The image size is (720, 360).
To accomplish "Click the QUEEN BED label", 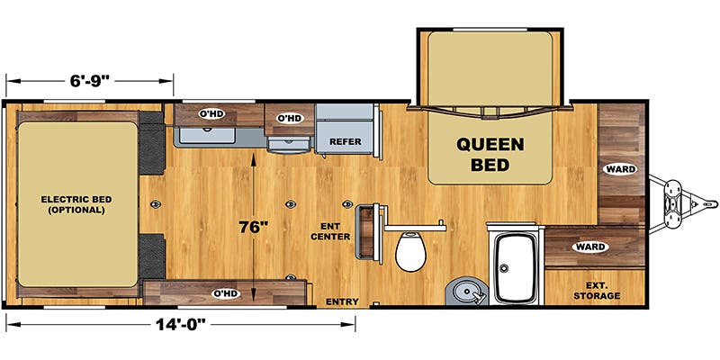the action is coord(490,154).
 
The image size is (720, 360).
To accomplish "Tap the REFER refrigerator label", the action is coord(346,142).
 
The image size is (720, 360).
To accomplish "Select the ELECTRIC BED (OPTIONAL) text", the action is coord(76,205).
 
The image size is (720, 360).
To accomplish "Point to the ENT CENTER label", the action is coord(337,231).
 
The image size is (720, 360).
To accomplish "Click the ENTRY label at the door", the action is coord(342,301).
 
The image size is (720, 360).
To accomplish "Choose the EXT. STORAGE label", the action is coord(597,291).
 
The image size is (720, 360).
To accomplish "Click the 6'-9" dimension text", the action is coord(90,81).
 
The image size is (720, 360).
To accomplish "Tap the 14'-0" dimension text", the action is coord(180,325).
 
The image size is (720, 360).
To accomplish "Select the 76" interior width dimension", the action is coord(253,227).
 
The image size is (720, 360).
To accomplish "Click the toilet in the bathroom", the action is coord(410,251).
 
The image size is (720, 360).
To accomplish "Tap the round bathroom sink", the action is coord(466,291).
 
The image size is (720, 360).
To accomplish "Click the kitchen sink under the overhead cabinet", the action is coord(207,136).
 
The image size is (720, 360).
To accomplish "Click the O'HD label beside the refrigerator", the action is coord(290,118).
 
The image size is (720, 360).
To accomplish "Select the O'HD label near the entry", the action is coord(225,293).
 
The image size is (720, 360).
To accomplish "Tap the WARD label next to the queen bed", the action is coord(620,169).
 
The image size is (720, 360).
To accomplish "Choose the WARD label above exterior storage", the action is coord(590,247).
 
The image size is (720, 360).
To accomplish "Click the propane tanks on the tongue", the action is coord(673,203).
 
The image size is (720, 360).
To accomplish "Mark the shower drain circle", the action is coord(504,268).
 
